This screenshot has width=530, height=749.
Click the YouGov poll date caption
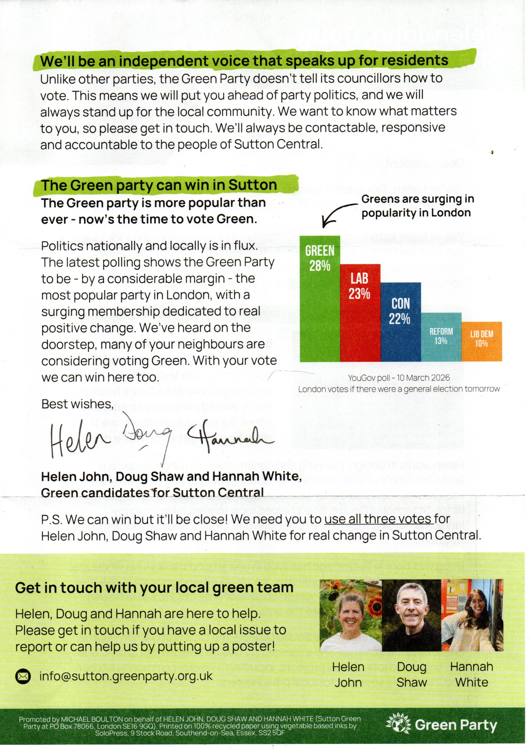point(399,378)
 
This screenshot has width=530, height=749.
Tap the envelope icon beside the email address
point(23,677)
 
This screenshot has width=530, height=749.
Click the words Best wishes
point(77,404)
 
